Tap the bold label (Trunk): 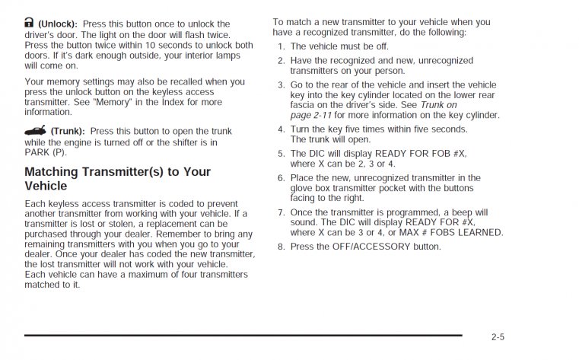click(68, 131)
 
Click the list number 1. click(281, 46)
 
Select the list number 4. click(281, 129)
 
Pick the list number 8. click(281, 247)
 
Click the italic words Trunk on click(438, 104)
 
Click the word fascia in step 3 click(304, 104)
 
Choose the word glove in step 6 click(304, 188)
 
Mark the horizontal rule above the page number click(243, 334)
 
